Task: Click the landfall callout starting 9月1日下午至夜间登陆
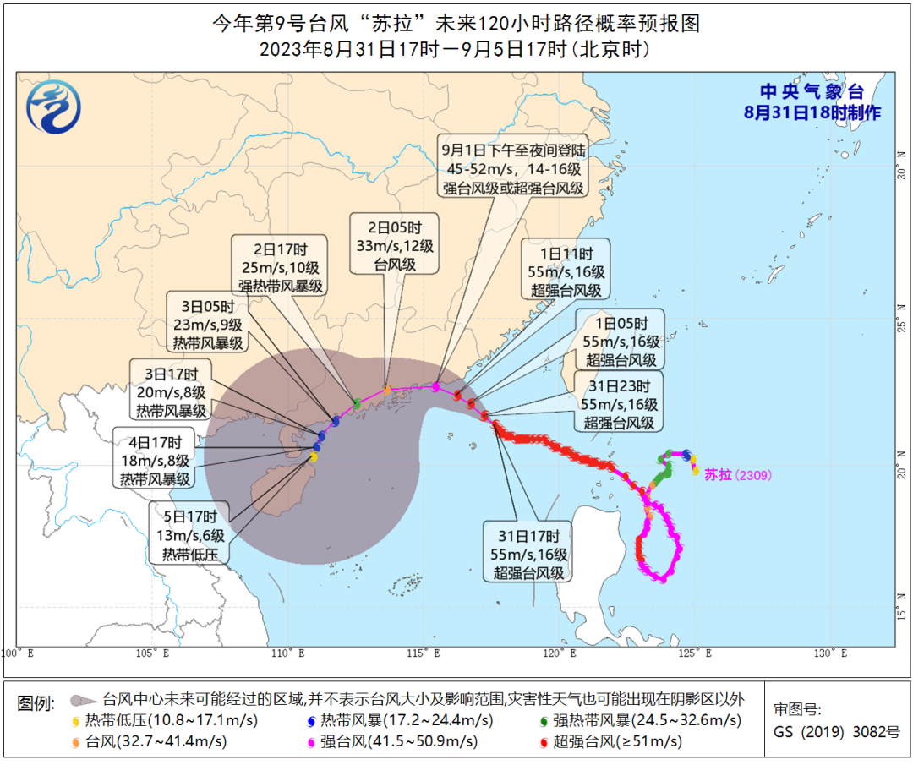pyautogui.click(x=514, y=169)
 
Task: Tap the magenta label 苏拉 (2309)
pyautogui.click(x=738, y=475)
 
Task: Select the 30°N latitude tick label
pyautogui.click(x=902, y=172)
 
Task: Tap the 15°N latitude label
pyautogui.click(x=902, y=606)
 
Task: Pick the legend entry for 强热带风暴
pyautogui.click(x=639, y=721)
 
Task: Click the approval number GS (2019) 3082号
pyautogui.click(x=838, y=732)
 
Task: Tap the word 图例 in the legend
pyautogui.click(x=37, y=702)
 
